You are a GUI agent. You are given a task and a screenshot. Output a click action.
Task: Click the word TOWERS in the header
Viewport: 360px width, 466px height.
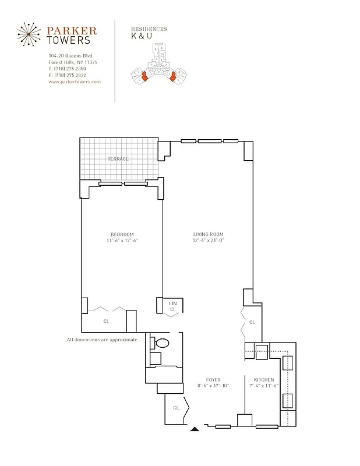click(x=69, y=40)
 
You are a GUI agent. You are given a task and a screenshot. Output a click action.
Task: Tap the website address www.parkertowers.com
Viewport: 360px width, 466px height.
click(x=75, y=82)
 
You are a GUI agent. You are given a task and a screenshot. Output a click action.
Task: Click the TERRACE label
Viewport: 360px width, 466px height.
click(x=118, y=158)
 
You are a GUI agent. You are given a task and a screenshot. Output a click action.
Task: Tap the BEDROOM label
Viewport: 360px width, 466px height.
click(x=122, y=234)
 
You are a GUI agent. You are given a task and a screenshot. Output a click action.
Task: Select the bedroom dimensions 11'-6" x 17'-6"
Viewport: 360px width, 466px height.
click(x=122, y=240)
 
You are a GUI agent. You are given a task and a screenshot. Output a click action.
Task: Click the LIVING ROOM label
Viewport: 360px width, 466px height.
click(x=209, y=234)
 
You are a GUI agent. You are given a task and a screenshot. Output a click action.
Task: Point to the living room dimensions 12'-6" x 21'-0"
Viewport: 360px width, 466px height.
click(x=209, y=240)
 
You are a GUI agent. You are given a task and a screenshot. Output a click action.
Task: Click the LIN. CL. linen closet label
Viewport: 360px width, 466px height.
click(x=173, y=306)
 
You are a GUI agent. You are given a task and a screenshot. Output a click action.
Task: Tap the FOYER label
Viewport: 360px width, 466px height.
click(x=213, y=379)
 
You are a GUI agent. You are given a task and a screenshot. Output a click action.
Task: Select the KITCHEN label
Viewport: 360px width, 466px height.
click(x=263, y=379)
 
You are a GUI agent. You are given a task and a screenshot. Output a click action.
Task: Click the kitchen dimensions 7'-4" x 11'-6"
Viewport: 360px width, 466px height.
click(x=263, y=386)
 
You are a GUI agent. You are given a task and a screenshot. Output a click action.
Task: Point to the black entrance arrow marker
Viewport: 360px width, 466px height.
click(x=195, y=430)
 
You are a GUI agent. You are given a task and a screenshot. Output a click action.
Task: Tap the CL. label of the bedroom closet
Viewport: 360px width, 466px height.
click(x=107, y=320)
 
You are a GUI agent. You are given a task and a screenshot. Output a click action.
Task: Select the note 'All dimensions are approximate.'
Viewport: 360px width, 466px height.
click(x=103, y=340)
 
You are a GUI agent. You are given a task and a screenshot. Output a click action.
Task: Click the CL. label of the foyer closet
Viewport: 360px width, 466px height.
click(x=175, y=408)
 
